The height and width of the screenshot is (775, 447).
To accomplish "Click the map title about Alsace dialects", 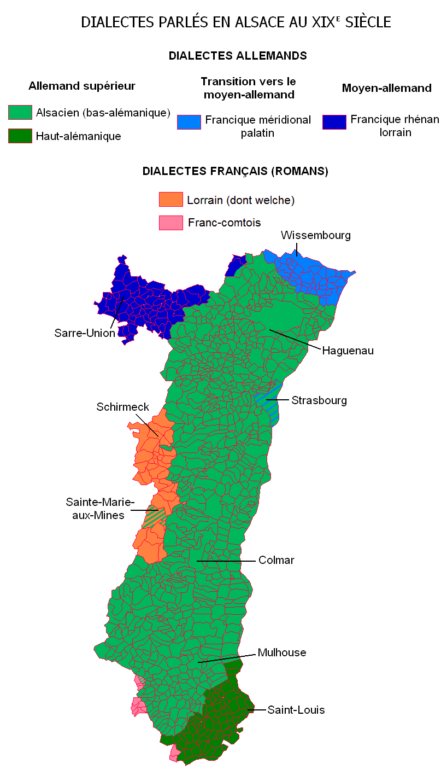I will point(236,22).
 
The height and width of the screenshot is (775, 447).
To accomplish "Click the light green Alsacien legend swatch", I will point(20,113).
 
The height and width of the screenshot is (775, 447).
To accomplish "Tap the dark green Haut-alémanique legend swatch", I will point(20,136).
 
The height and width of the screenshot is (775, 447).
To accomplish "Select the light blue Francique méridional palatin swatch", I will point(189,122).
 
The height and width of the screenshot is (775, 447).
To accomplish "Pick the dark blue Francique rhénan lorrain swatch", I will point(334,122).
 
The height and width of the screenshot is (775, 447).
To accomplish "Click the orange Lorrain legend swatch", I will point(170,200).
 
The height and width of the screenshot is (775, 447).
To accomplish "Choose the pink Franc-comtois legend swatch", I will point(170,223).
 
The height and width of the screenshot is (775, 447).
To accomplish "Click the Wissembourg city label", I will point(315,235).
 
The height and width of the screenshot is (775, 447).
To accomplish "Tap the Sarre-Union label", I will point(85,333).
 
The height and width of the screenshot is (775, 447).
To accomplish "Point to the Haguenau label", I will point(348,351).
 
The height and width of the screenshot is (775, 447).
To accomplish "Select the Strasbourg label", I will point(319,400).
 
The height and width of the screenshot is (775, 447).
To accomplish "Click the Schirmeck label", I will point(122,407).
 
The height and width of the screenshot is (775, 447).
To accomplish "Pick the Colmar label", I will point(277,560).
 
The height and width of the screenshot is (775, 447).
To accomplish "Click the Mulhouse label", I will point(281,652).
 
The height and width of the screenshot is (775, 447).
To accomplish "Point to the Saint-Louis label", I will point(296,710).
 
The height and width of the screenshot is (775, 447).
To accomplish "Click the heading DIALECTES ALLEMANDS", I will point(237,56).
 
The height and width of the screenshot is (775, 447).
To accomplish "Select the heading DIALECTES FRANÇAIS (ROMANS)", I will point(235,171).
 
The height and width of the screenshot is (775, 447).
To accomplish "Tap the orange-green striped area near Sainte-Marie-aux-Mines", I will point(154,517).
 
